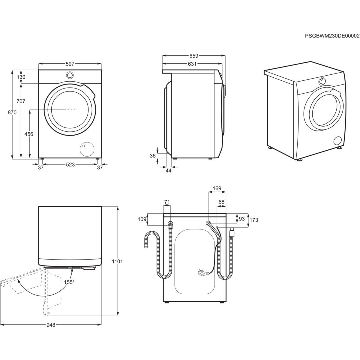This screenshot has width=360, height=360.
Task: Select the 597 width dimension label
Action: click(x=70, y=64)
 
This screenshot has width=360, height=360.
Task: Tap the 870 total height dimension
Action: click(x=12, y=112)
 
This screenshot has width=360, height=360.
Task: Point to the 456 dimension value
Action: click(x=29, y=134)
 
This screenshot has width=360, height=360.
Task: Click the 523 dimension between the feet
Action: click(x=70, y=165)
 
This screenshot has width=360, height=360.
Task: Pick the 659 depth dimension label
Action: click(x=194, y=56)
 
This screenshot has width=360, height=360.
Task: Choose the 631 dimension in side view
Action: click(x=192, y=64)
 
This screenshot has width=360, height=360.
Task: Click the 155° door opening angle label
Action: click(x=69, y=282)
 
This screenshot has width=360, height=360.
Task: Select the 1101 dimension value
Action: click(x=117, y=262)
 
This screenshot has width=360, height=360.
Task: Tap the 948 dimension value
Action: click(x=51, y=325)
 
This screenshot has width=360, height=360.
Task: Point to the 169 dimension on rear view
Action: click(x=217, y=188)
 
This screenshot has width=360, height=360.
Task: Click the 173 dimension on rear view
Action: click(x=254, y=220)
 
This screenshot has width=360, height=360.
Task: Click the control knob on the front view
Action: click(x=70, y=75)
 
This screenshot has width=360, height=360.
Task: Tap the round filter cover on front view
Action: click(x=87, y=149)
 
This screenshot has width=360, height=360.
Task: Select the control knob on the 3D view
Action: click(x=322, y=81)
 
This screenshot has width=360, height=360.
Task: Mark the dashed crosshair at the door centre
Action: click(x=70, y=109)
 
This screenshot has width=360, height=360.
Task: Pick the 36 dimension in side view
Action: click(x=153, y=156)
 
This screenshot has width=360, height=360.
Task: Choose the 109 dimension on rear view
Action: click(x=142, y=219)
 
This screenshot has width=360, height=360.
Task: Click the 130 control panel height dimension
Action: click(x=21, y=77)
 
